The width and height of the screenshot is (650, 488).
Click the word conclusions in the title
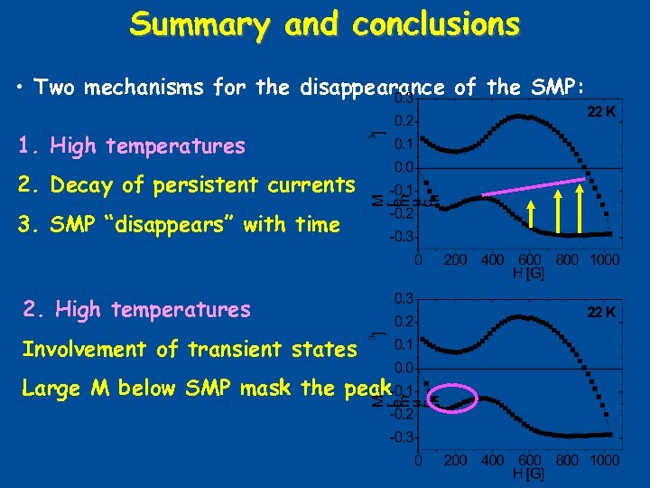436,24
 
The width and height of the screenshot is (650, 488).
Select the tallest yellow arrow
580,207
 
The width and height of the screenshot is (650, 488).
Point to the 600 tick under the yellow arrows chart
531,259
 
